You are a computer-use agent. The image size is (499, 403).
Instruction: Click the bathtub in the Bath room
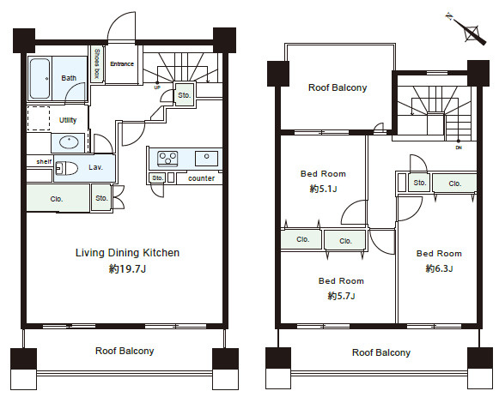[40, 79]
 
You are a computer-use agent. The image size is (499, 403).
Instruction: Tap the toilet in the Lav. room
[67, 168]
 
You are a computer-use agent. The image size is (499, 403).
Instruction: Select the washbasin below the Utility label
[69, 142]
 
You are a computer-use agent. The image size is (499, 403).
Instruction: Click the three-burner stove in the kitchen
[167, 159]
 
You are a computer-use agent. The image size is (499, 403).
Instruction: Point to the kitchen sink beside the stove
[206, 158]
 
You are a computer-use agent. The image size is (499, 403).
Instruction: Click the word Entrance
[122, 64]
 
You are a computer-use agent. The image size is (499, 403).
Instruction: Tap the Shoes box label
[97, 63]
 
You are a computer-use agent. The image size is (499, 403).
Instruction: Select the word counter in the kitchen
[202, 178]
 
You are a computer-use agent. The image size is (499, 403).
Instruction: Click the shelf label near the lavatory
[44, 161]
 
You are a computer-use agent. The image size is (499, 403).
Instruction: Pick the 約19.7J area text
[127, 269]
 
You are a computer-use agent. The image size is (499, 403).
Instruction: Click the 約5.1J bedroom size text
[323, 189]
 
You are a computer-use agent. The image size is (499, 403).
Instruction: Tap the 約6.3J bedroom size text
[439, 268]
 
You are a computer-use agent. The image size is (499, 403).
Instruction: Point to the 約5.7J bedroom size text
[342, 296]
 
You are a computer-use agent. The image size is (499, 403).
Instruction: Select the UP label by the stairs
[157, 87]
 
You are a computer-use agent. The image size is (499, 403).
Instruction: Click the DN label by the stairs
[459, 147]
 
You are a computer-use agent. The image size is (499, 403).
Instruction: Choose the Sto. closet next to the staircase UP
[185, 94]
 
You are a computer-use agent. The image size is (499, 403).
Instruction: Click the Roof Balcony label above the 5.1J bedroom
[338, 87]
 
